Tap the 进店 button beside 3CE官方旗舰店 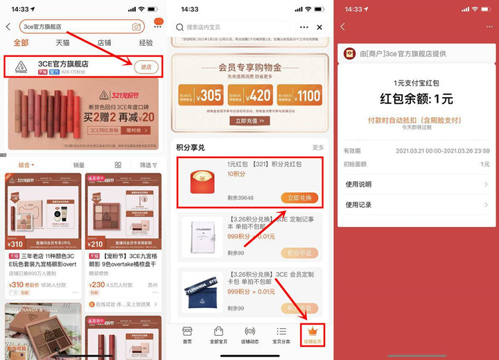click(146, 67)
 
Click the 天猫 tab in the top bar click(62, 43)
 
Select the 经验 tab click(146, 43)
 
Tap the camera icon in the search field click(137, 26)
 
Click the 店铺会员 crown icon click(311, 335)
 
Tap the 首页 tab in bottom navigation click(187, 335)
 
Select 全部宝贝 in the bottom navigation click(218, 335)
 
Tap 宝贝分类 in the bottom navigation click(281, 335)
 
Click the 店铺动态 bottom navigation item click(249, 335)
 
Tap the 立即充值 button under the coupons click(249, 121)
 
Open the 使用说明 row click(416, 184)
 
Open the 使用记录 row click(416, 205)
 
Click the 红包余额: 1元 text click(417, 98)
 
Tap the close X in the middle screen click(319, 27)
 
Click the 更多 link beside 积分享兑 click(318, 148)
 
